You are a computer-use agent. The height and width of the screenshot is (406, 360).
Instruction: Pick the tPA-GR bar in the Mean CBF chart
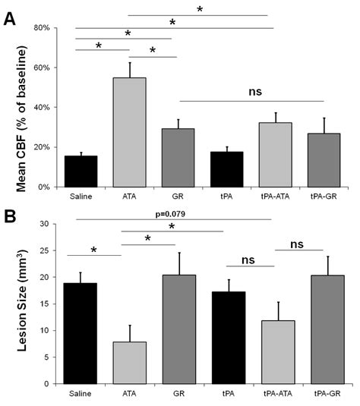coord(324,160)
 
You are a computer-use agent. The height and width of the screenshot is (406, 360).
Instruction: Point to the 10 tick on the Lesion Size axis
coord(43,330)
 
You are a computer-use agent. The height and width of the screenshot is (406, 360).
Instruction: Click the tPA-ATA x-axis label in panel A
coord(276,196)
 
